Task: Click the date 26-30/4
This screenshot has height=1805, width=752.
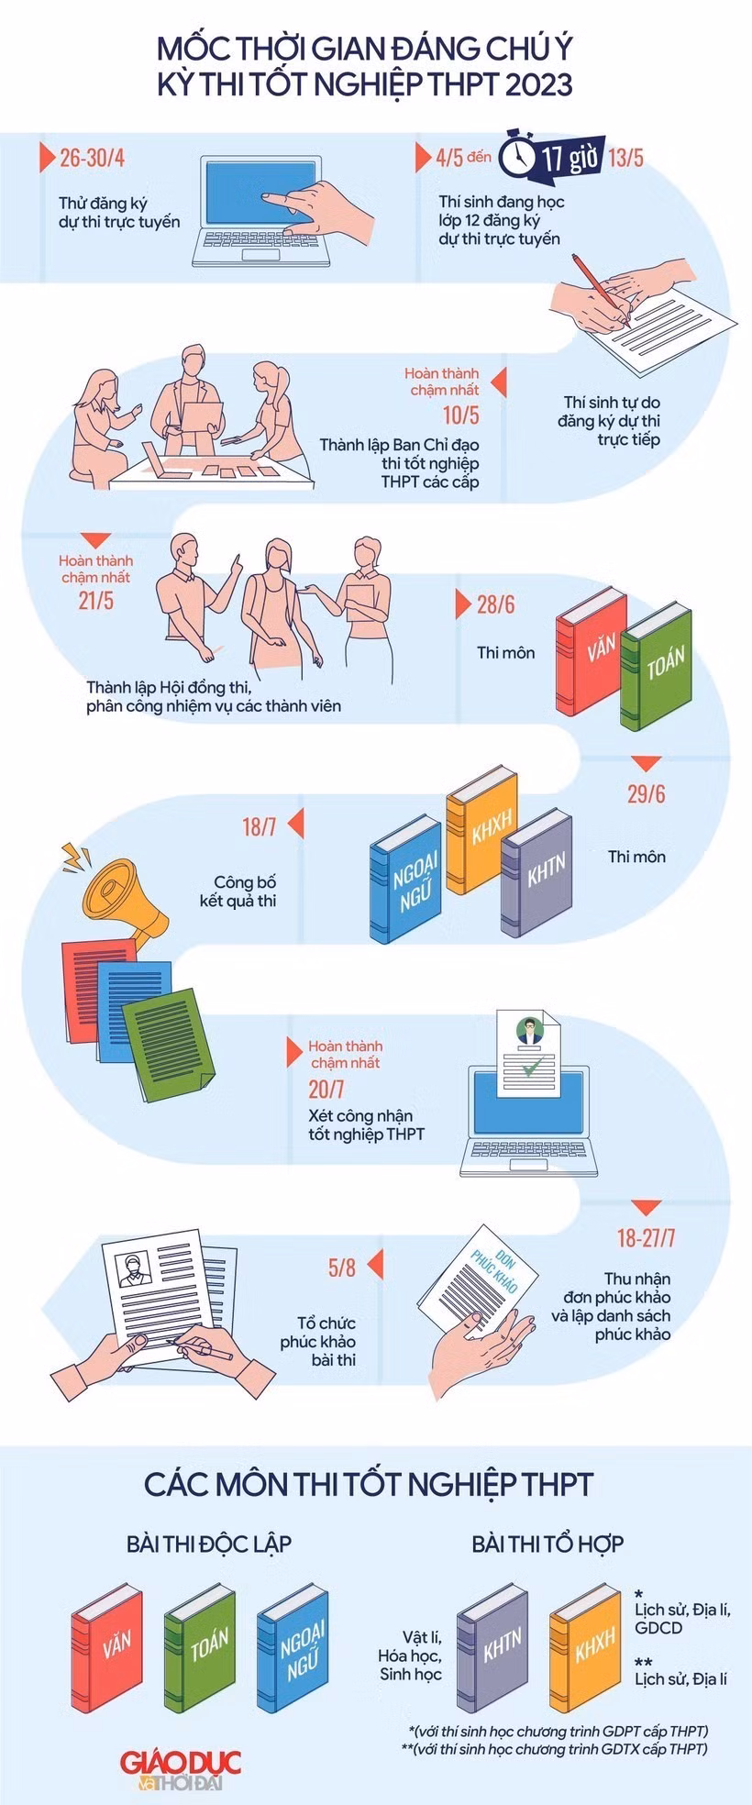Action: click(92, 158)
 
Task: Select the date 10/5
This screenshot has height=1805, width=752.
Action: click(460, 415)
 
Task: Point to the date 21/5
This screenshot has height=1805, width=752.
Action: click(95, 602)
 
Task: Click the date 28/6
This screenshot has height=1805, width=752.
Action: click(495, 604)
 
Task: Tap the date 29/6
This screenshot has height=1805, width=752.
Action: click(646, 793)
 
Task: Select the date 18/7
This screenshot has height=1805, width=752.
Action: click(259, 826)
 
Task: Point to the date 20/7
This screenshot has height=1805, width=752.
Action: click(326, 1089)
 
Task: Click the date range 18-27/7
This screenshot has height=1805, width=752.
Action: click(646, 1238)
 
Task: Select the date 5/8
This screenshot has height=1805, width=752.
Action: click(341, 1268)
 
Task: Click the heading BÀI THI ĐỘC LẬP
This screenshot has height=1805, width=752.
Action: click(209, 1544)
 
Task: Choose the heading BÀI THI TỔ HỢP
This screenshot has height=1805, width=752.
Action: click(547, 1544)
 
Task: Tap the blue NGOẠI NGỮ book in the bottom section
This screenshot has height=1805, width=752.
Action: click(293, 1648)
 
